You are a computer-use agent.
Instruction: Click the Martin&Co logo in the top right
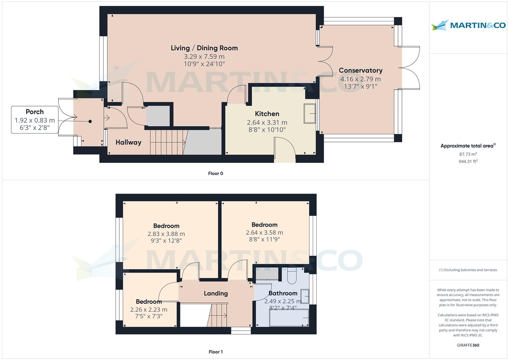click(468, 25)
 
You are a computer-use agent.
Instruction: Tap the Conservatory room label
click(360, 70)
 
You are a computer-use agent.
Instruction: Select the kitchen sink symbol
click(310, 114)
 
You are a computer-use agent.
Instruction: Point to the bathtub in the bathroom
click(289, 318)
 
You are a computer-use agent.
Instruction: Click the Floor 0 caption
click(215, 173)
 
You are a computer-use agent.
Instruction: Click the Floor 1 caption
click(215, 352)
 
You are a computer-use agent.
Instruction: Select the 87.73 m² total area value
click(468, 154)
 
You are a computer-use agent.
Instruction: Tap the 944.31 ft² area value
click(468, 161)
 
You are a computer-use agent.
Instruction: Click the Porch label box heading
click(35, 112)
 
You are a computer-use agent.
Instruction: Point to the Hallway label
click(128, 142)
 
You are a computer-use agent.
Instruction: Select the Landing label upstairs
click(216, 293)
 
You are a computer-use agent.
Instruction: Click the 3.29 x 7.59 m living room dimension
click(204, 57)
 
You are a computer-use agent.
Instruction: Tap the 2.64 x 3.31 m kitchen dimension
click(267, 122)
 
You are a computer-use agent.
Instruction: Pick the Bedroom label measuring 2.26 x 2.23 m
click(148, 302)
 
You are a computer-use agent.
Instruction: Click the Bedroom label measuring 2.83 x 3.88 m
click(166, 226)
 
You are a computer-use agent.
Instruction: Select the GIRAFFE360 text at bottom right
click(468, 345)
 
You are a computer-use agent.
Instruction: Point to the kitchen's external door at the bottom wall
click(285, 157)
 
